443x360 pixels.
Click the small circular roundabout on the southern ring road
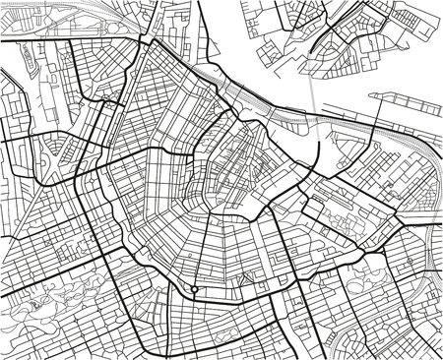[x=195, y=290]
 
